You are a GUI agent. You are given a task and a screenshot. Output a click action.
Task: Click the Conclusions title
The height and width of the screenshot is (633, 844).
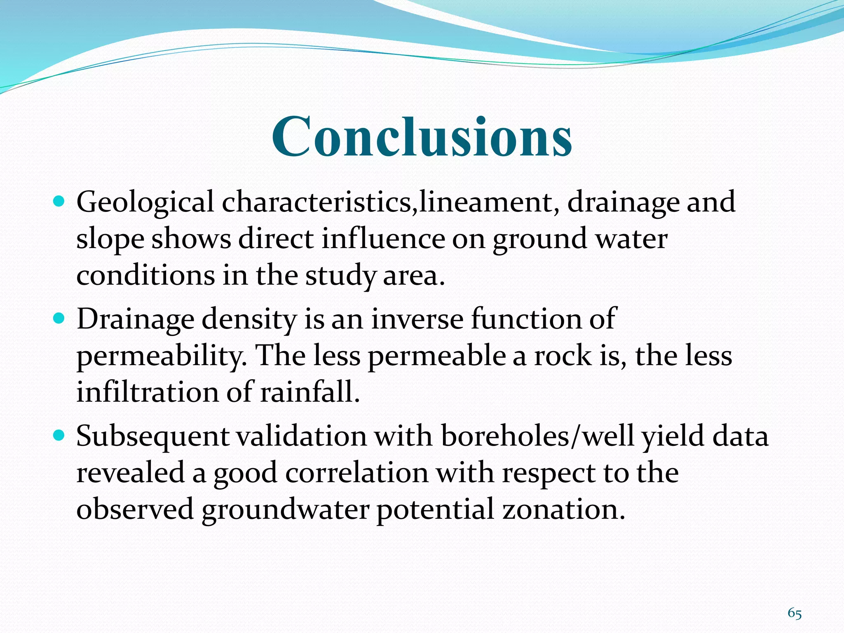(x=422, y=137)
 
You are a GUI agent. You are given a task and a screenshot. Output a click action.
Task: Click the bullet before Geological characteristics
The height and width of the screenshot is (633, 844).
(x=59, y=202)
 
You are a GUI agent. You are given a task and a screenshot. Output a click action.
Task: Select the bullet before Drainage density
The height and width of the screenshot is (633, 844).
(x=59, y=319)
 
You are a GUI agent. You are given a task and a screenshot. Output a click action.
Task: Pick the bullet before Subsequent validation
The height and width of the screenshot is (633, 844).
(x=59, y=435)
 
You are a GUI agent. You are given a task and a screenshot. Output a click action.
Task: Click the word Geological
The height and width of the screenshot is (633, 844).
(x=145, y=203)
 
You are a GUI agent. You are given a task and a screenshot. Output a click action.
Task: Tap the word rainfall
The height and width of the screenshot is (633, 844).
(x=310, y=392)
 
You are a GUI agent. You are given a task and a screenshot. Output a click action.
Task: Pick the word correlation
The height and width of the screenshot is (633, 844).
(x=357, y=472)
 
